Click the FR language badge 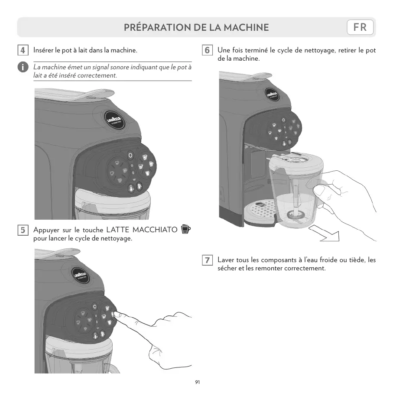(x=360, y=27)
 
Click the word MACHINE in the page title (x=245, y=28)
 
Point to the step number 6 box (x=207, y=50)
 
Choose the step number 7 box (x=207, y=260)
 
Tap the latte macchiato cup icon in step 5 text (x=186, y=228)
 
